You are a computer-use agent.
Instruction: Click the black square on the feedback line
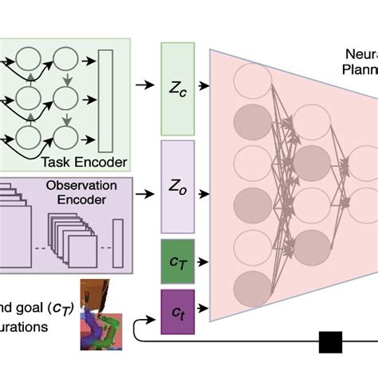[x=329, y=342]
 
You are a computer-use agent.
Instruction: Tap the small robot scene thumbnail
[x=99, y=315]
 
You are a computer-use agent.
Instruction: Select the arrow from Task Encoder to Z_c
[x=145, y=84]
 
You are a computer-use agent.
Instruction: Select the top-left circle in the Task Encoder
[x=29, y=59]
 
